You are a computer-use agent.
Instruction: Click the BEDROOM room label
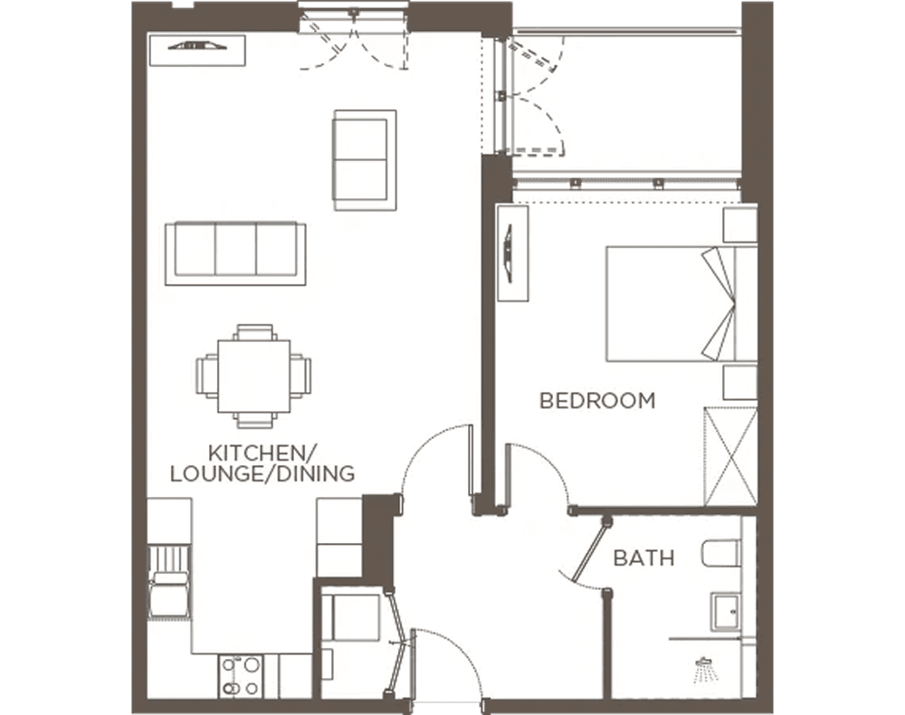tap(596, 400)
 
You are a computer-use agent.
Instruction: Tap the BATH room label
tap(643, 558)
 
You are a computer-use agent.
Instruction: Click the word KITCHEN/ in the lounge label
tap(251, 452)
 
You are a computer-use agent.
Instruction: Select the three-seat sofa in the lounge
tap(235, 253)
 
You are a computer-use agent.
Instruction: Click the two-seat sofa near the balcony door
tap(365, 160)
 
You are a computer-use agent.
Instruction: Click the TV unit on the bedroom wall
tap(512, 253)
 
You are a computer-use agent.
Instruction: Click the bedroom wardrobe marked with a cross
tap(730, 456)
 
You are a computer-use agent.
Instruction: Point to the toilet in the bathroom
tap(723, 552)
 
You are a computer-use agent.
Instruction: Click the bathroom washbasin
tap(726, 611)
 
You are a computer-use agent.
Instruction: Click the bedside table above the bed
tap(739, 224)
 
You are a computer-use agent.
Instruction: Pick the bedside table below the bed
tap(739, 383)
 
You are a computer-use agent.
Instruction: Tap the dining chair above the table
tap(254, 332)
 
